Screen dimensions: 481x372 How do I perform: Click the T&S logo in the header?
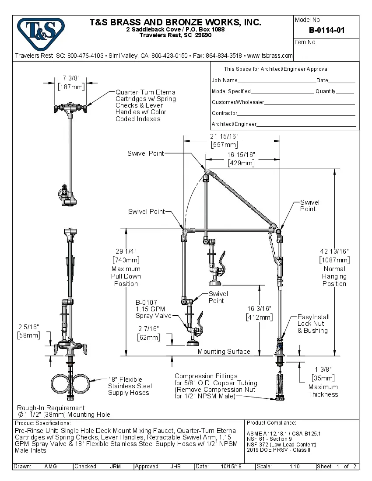tap(40, 31)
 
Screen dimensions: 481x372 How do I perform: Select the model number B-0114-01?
tap(326, 30)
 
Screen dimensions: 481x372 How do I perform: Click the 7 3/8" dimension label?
tap(70, 78)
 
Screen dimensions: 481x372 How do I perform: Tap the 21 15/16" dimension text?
tap(225, 137)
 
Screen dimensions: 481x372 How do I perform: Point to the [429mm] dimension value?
tap(241, 163)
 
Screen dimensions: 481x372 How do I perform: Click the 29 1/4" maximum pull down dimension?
tap(126, 251)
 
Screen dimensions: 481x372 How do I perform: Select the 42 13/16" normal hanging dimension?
tap(334, 251)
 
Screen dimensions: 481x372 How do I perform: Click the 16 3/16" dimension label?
tap(260, 308)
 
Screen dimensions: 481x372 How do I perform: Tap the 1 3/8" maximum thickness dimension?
tap(323, 369)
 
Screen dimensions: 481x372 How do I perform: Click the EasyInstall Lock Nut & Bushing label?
tap(313, 324)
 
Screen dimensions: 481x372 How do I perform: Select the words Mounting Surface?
tap(224, 352)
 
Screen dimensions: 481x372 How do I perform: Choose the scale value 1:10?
tap(294, 467)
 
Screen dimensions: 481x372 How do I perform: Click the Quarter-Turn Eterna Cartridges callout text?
tap(145, 105)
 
